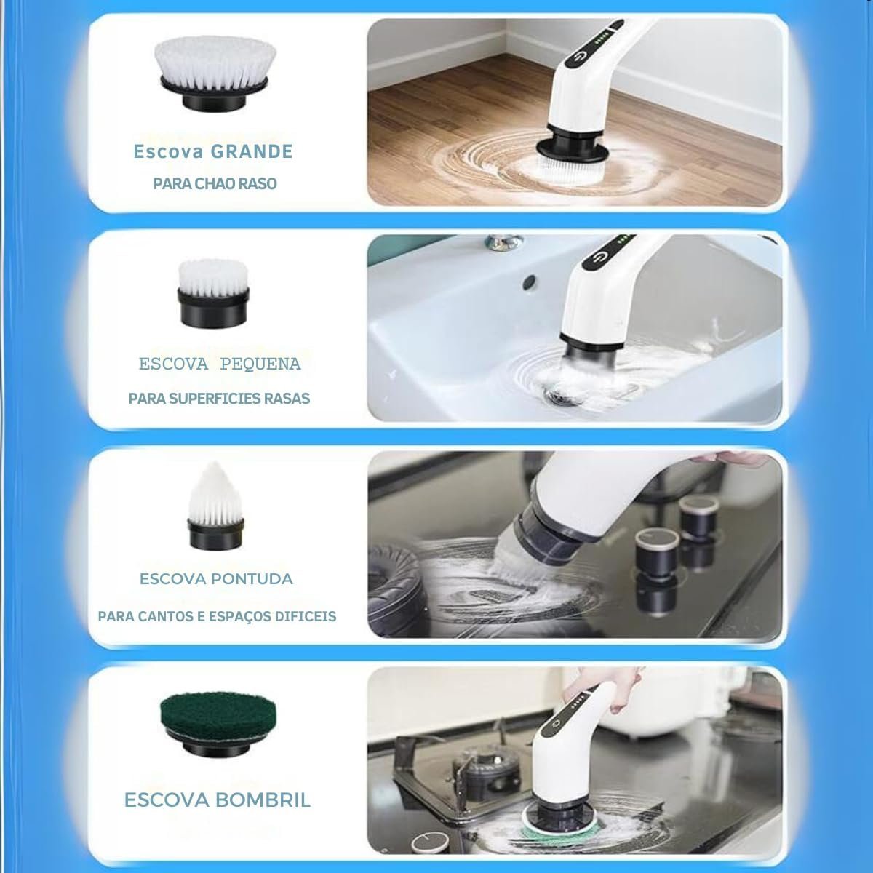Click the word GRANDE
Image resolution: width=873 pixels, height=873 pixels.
[252, 152]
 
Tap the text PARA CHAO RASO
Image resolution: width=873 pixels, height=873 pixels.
[215, 183]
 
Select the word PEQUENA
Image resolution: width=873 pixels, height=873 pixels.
[260, 364]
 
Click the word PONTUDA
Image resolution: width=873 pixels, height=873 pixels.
[251, 578]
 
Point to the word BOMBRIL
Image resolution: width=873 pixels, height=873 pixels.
[263, 800]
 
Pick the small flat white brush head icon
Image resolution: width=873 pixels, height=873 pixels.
[213, 293]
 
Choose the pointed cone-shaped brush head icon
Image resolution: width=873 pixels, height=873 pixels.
[215, 506]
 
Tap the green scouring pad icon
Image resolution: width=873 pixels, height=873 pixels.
[218, 730]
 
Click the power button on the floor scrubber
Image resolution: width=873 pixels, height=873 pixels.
[579, 57]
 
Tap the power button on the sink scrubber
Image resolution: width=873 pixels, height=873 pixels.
[599, 259]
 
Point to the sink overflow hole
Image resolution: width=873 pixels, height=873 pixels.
[528, 283]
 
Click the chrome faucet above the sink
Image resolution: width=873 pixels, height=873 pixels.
[503, 242]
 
